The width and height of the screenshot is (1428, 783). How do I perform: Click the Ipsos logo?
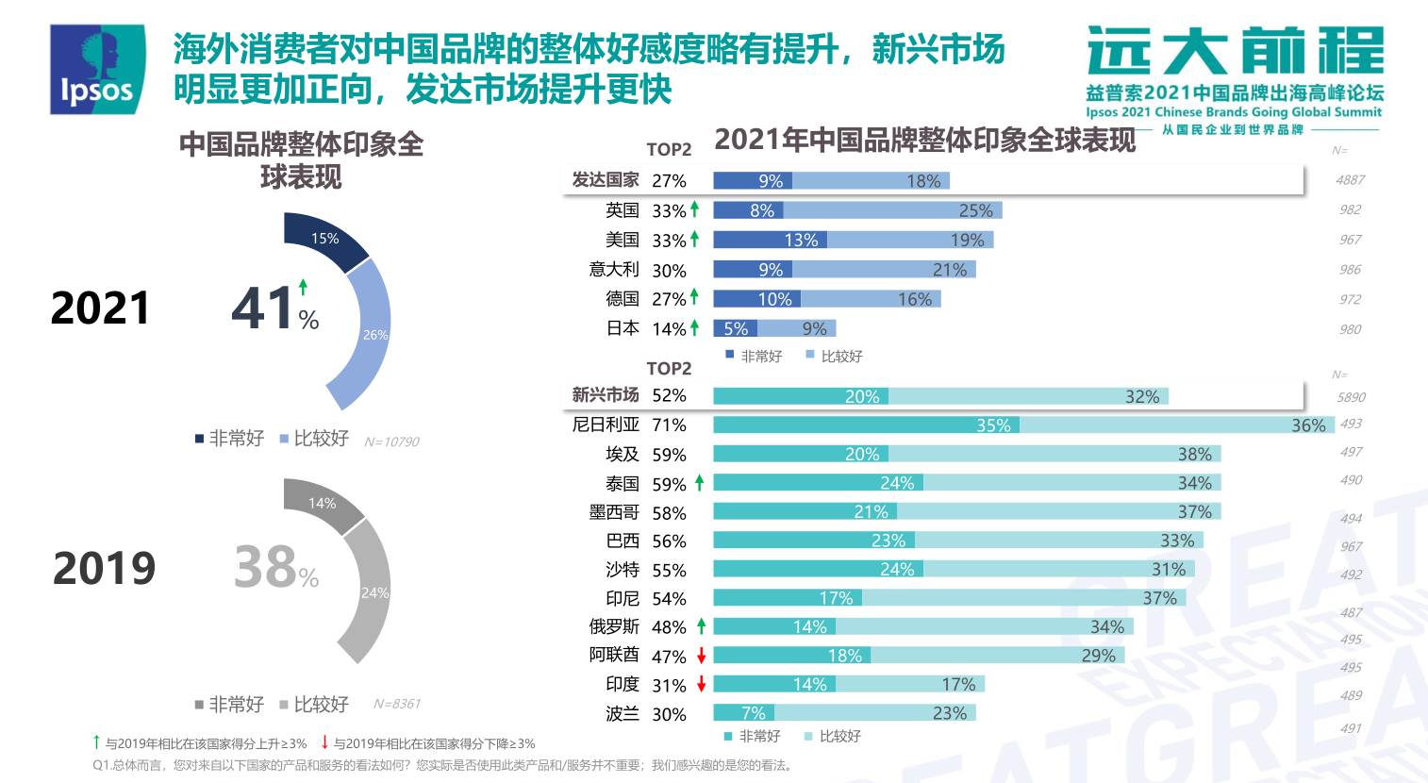(97, 69)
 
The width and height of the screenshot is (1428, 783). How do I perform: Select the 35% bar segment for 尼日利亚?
(866, 425)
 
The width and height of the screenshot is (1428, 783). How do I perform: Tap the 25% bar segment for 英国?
(892, 210)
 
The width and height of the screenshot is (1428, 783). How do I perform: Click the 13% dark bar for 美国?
(770, 241)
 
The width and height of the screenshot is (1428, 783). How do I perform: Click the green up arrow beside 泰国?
(700, 483)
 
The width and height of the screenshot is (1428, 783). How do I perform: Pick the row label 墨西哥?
(614, 512)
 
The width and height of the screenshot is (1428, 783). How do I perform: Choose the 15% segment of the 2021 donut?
(325, 240)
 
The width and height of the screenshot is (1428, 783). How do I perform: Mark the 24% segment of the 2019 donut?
(370, 592)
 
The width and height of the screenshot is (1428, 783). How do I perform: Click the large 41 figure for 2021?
(263, 308)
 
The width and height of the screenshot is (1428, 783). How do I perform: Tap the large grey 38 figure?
(265, 567)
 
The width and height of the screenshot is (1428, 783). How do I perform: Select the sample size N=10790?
(391, 441)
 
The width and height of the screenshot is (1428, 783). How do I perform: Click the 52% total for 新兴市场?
(669, 395)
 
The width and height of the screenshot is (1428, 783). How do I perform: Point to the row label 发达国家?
(606, 180)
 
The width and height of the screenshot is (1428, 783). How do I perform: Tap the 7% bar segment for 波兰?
(743, 713)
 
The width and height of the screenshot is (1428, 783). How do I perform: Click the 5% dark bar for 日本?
(736, 328)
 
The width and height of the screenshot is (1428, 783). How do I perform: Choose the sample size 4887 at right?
(1350, 180)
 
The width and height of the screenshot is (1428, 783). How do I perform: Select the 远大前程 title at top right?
(1235, 52)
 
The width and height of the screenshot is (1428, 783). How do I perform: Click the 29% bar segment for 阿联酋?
(997, 656)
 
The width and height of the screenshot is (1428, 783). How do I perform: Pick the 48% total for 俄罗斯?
(669, 627)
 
